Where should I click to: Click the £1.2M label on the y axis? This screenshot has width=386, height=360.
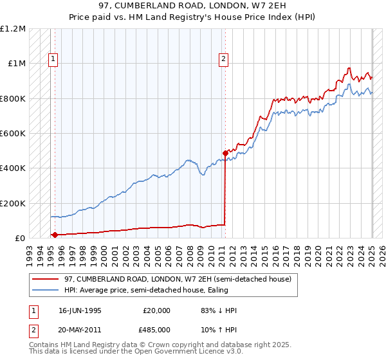click(13, 29)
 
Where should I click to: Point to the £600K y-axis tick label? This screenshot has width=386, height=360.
click(13, 134)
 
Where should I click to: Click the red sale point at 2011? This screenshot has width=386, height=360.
click(225, 154)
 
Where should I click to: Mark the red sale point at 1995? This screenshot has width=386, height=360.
click(55, 235)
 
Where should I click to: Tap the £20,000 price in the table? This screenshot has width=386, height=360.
click(156, 310)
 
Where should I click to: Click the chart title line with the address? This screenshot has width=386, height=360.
click(193, 6)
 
